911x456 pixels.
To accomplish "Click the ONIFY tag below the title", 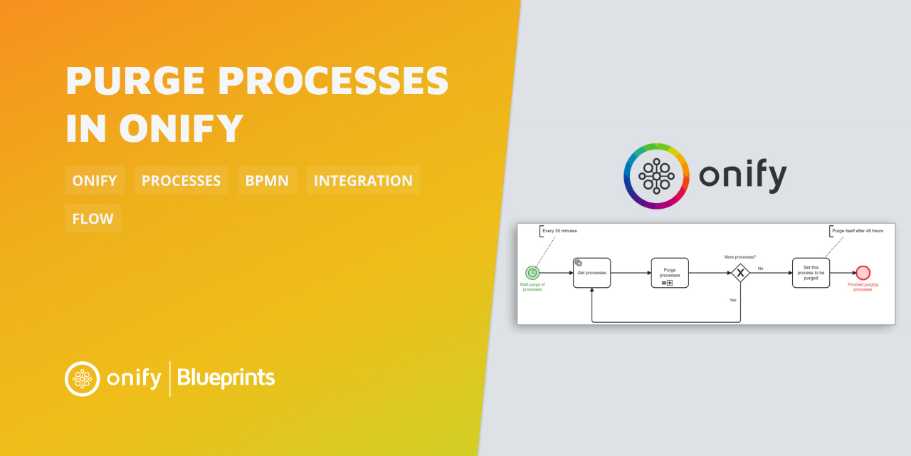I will click(95, 180).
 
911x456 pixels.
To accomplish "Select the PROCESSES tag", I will click(181, 180).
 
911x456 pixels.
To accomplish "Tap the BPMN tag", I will click(267, 180).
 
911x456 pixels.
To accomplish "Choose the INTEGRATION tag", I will click(363, 180).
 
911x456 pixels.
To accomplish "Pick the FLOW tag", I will click(93, 218).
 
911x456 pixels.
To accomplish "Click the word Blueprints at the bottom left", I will click(226, 378).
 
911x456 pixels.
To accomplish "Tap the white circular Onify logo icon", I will click(83, 378).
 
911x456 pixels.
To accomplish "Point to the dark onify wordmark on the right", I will click(743, 176).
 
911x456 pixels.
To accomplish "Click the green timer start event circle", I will click(532, 273).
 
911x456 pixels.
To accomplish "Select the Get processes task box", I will click(591, 273).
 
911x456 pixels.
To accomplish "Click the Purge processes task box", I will click(669, 273).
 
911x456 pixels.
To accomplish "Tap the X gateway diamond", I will click(740, 273).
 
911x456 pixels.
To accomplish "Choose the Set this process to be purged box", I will click(811, 273).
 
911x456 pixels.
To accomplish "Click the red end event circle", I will click(863, 273).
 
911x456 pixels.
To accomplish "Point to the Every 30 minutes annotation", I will click(559, 232).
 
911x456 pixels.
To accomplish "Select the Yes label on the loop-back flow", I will click(733, 300).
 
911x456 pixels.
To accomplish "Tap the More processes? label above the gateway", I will click(739, 256).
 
